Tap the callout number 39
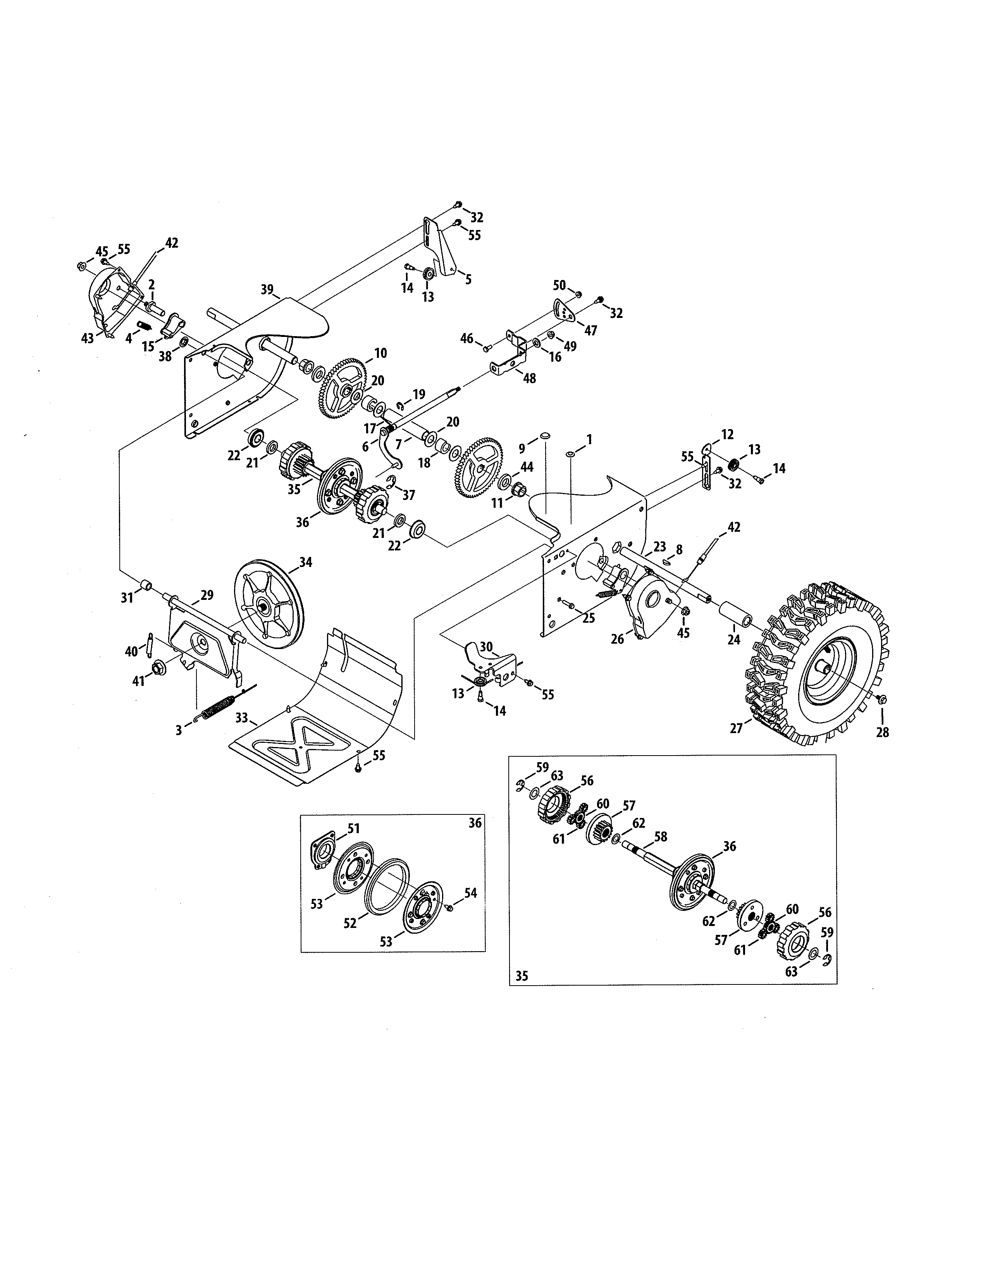(x=267, y=290)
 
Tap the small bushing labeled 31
(x=145, y=585)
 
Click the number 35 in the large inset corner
(x=522, y=976)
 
